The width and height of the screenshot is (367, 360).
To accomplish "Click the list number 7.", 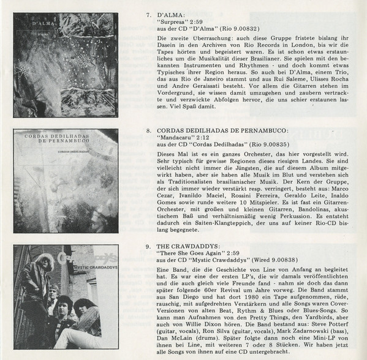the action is [148, 15].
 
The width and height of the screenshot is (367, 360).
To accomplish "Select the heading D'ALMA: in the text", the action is [171, 15].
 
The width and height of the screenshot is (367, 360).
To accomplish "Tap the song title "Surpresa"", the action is [170, 22].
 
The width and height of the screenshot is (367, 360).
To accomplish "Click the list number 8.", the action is [148, 131].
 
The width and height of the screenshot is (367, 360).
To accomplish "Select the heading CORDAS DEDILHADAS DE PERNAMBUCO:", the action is [222, 131].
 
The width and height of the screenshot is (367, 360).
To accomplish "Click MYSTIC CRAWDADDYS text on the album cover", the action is [96, 268].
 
